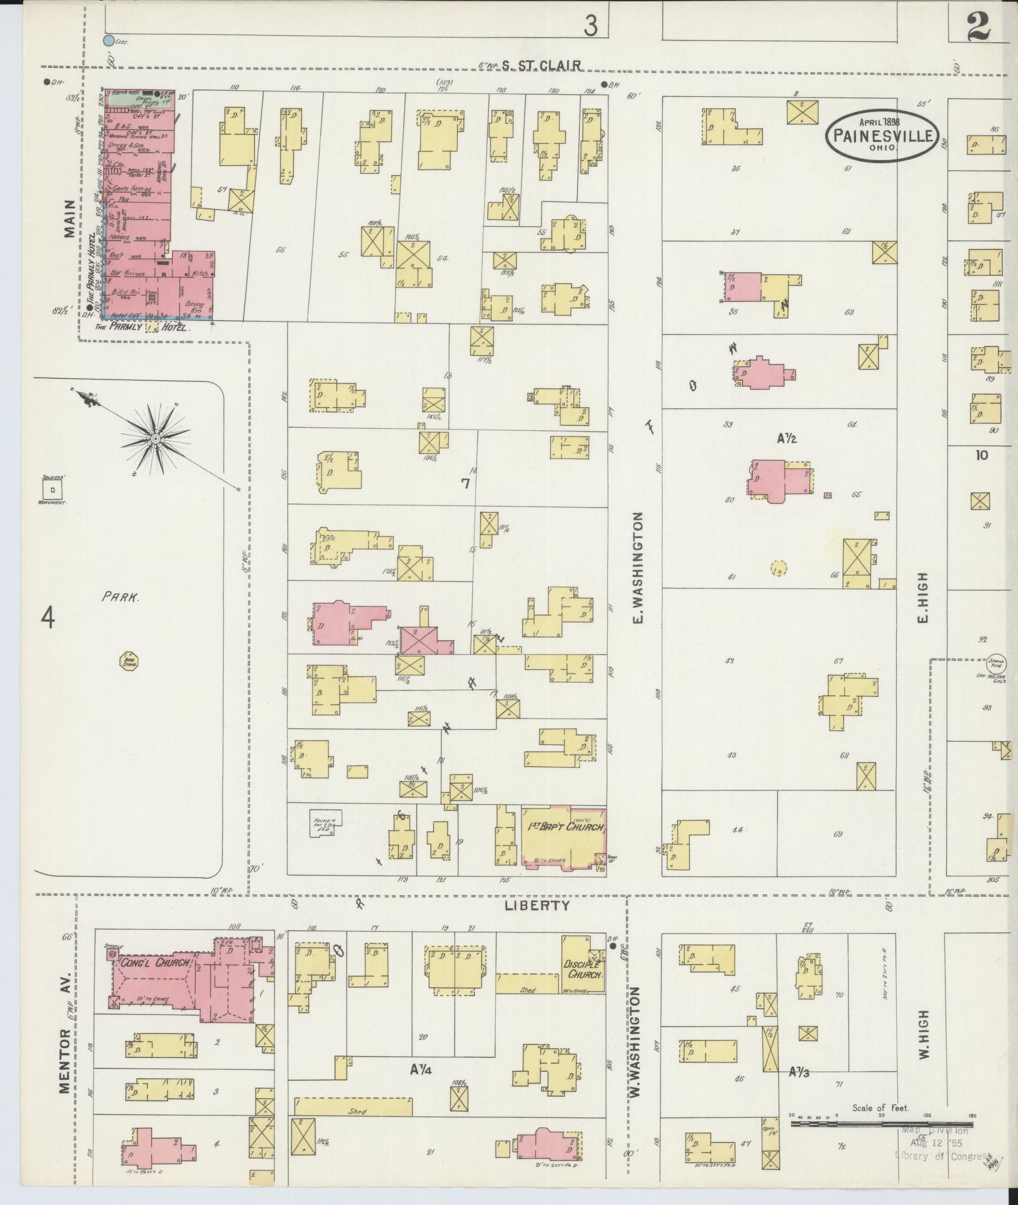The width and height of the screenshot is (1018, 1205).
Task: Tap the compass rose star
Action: (154, 439)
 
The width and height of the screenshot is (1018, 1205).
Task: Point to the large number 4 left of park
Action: (48, 618)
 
